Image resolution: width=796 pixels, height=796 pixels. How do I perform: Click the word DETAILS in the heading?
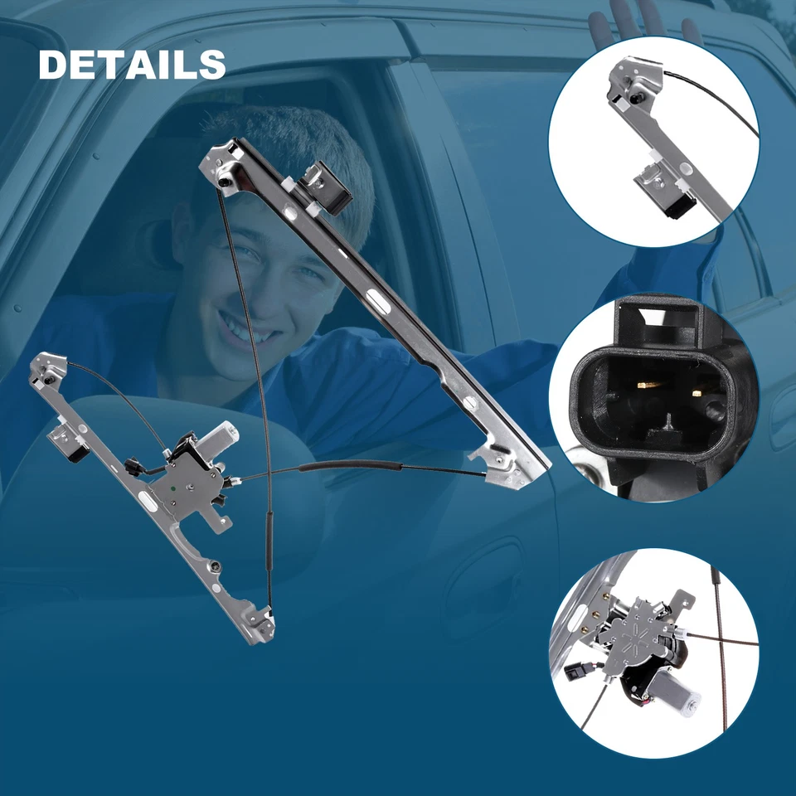pos(132,65)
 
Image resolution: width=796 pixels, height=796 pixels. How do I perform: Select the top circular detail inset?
pos(653,141)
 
